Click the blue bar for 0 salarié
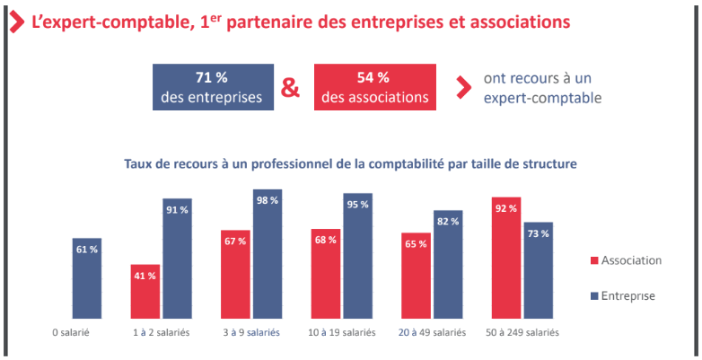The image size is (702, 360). [87, 278]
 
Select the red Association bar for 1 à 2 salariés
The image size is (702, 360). [145, 292]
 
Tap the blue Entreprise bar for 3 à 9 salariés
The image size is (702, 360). [268, 254]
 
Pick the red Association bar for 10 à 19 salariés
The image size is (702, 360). [326, 274]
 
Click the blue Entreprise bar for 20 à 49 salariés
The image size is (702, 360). [448, 265]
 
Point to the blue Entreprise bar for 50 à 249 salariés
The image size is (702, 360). [538, 270]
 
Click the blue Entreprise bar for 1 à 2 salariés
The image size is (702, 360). [177, 259]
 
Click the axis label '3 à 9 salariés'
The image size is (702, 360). [250, 331]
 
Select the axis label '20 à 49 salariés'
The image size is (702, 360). [432, 331]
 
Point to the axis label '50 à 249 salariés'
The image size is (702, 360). [522, 331]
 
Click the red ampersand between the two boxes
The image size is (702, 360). [291, 88]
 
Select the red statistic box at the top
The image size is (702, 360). [374, 87]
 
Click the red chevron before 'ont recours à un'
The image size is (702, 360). [462, 87]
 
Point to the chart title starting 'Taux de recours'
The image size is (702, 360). [350, 164]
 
